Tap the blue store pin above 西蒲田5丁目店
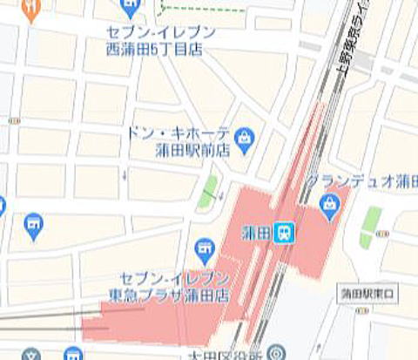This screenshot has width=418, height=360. click(131, 8)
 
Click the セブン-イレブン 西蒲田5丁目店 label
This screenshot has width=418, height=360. click(161, 41)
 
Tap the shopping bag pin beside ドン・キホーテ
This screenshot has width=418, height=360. click(246, 136)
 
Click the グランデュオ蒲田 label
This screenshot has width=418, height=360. click(361, 181)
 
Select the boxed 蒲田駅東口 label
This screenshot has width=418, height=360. click(367, 293)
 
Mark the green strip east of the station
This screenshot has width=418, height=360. click(371, 226)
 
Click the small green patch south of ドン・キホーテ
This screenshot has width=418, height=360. click(207, 192)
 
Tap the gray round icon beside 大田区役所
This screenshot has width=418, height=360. click(275, 352)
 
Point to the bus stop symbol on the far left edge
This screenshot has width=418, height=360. click(13, 120)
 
